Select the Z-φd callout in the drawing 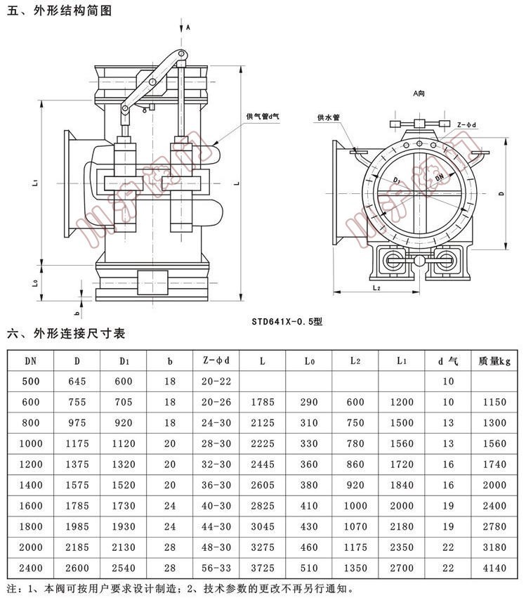pos(466,124)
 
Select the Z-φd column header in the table pos(216,360)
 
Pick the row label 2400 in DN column pos(31,568)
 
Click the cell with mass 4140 pos(495,568)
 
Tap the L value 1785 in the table pos(262,402)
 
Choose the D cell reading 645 pos(77,382)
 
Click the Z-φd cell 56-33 pos(216,568)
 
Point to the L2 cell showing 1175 pos(355,547)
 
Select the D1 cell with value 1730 pos(124,506)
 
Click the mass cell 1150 pos(495,402)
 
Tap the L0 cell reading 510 pos(309,568)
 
